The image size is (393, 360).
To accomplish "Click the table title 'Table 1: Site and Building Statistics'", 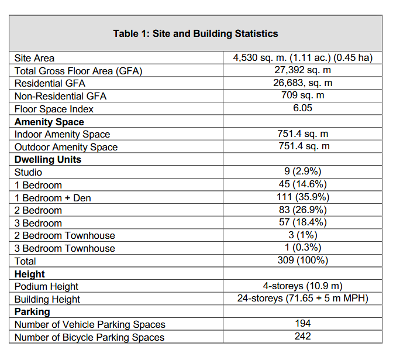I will pos(195,33).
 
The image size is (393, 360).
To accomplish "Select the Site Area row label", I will pos(35,58).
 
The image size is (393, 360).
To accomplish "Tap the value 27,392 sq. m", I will pos(302,70).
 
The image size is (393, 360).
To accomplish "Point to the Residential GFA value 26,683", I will pos(302,83).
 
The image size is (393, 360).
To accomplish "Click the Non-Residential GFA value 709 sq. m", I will pos(302,95).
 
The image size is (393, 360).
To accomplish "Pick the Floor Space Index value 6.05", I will pos(302,108).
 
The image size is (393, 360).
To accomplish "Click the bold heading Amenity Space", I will pos(49,122).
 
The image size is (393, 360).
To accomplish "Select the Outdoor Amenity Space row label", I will pos(66,147).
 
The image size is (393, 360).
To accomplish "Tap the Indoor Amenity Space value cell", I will pos(302,134).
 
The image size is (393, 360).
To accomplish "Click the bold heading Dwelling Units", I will pos(48,159).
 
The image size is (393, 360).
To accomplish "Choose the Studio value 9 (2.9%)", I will pos(302,172).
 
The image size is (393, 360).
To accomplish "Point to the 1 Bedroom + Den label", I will pos(53,198).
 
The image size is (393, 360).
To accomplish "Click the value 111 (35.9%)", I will pos(302,197).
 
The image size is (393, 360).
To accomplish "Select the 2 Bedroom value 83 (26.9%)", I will pos(302,210).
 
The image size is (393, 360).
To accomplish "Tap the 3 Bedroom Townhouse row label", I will pos(65,248).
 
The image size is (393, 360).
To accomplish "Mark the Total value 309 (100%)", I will pos(302,260).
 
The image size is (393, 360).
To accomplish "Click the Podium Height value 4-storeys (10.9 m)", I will pos(302,286).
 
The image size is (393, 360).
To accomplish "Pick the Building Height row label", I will pos(47,299).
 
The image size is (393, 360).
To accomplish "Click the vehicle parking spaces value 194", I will pos(302,324).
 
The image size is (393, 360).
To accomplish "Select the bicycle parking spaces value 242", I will pos(302,337).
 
